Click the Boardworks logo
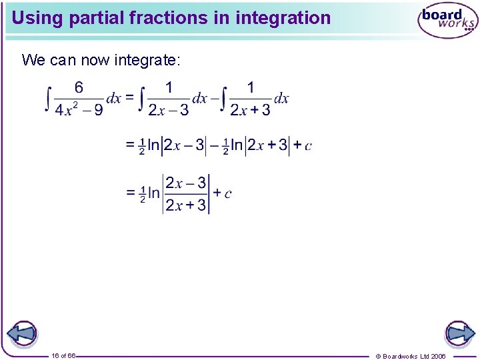coord(447,21)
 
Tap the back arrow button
coord(21,333)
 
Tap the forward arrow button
coord(459,333)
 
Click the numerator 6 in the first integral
coord(79,87)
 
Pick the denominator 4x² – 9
coord(79,110)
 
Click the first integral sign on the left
coord(47,99)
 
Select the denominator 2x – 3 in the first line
coord(168,110)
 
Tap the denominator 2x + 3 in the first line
coord(250,110)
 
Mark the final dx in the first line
coord(281,99)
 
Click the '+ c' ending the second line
coord(302,145)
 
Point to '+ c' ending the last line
coord(222,193)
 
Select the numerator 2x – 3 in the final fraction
coord(186,183)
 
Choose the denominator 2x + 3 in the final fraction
coord(186,205)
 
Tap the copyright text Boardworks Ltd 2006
coord(411,356)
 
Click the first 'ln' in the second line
coord(154,145)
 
